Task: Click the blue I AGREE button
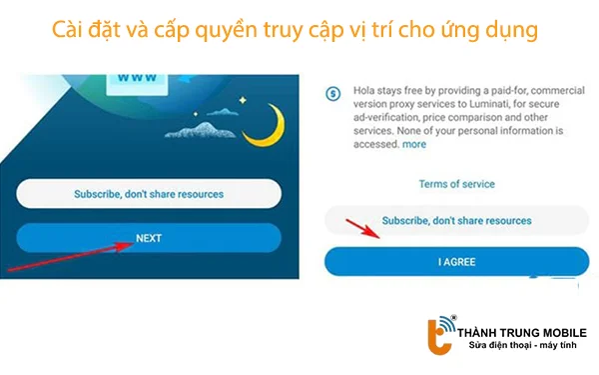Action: (455, 261)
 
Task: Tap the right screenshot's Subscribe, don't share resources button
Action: (456, 220)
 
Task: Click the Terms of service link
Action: (456, 184)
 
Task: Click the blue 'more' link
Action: (414, 144)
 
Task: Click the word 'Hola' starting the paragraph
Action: (364, 92)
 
